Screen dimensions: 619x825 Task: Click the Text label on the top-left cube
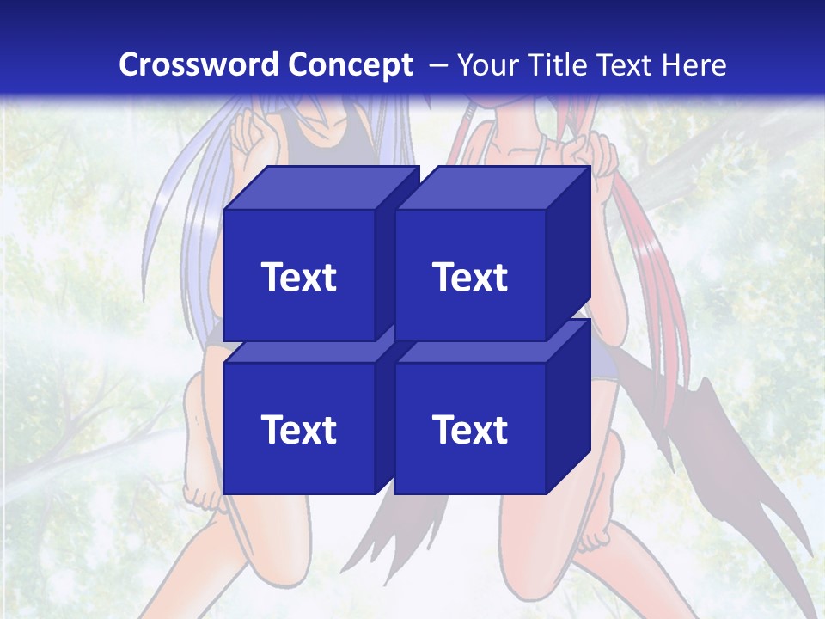point(299,277)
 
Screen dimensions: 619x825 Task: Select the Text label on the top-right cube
point(470,277)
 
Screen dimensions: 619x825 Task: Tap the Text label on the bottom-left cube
point(299,429)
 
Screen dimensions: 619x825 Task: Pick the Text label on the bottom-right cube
point(470,429)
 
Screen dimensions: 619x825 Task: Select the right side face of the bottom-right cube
point(569,404)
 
